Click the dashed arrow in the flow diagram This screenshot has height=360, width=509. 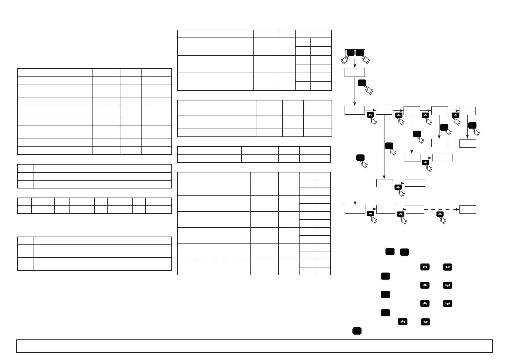tap(441, 209)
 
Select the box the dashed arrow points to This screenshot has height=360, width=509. tap(468, 209)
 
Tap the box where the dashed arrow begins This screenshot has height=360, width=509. tap(414, 209)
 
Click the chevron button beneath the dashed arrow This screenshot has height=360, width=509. tap(440, 214)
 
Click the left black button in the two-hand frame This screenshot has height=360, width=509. tap(350, 53)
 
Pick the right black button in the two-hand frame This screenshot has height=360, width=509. tap(360, 53)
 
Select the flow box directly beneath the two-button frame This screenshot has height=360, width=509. tap(355, 73)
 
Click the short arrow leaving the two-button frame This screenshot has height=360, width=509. tap(355, 64)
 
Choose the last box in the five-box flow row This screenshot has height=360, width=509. tap(467, 111)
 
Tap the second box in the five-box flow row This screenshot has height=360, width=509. tap(384, 111)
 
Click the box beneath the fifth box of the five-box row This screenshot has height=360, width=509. tap(468, 143)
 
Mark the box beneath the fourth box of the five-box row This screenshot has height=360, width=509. tap(439, 143)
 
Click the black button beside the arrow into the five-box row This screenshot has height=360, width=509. tap(362, 83)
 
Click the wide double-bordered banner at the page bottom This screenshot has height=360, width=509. tap(254, 346)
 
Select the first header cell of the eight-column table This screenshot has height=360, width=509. tap(24, 202)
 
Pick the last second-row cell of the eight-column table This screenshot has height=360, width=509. tap(158, 210)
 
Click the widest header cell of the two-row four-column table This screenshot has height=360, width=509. tap(209, 150)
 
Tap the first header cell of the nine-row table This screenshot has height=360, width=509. tap(55, 72)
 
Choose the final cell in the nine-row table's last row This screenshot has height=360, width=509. tap(157, 151)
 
